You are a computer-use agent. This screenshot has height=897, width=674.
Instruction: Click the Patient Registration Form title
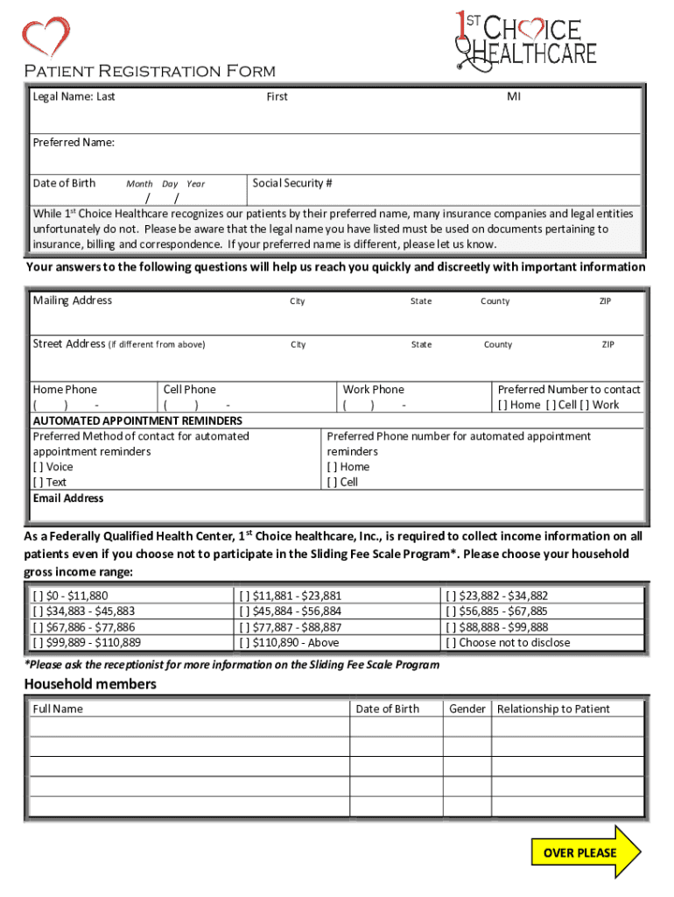[x=149, y=71]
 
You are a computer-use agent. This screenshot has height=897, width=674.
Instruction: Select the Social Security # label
[x=292, y=183]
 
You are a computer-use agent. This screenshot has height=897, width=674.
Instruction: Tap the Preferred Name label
[x=74, y=142]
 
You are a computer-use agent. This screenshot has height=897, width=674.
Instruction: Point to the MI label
[x=513, y=96]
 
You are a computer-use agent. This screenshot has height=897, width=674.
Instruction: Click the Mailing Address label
[x=73, y=300]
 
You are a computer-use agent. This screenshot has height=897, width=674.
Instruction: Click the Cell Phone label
[x=189, y=389]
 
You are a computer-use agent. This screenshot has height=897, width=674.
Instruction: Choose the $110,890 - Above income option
[x=244, y=642]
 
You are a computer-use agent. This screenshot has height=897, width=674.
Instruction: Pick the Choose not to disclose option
[x=451, y=642]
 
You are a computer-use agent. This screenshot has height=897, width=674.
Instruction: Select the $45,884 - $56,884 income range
[x=244, y=611]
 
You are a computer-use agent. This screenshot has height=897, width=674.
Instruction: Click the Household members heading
[x=90, y=684]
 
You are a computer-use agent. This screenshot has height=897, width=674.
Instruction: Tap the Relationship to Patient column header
[x=553, y=709]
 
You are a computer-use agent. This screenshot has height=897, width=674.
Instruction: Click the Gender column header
[x=467, y=709]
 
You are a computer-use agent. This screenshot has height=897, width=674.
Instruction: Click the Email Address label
[x=68, y=498]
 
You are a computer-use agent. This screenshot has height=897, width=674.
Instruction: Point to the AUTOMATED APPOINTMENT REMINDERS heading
[x=137, y=420]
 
